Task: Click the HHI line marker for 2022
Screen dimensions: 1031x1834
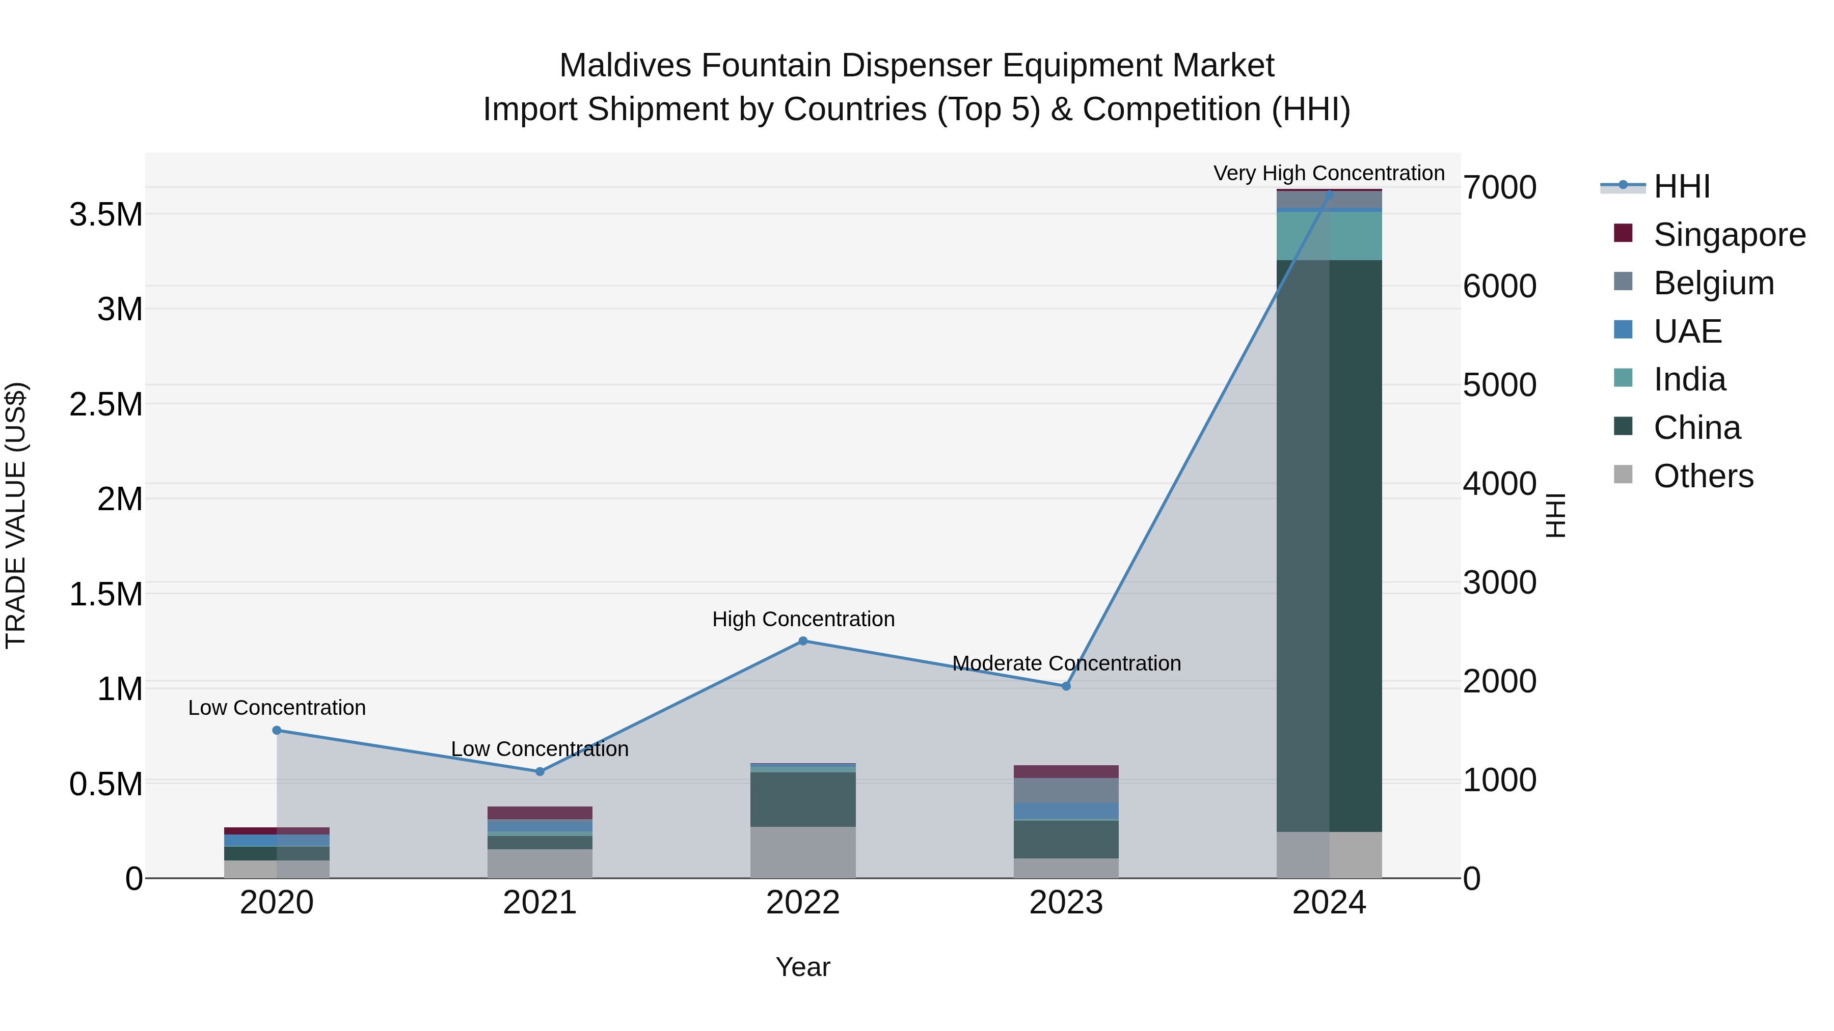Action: pyautogui.click(x=803, y=641)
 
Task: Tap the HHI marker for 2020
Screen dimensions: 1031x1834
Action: pyautogui.click(x=277, y=731)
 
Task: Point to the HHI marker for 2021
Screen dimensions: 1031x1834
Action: pyautogui.click(x=540, y=772)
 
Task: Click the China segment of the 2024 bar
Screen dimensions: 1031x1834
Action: pyautogui.click(x=1329, y=546)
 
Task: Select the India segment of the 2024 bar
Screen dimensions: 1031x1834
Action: pyautogui.click(x=1329, y=236)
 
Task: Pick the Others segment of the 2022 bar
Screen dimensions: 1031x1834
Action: pyautogui.click(x=803, y=852)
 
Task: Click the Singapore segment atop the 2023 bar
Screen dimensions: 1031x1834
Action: pyautogui.click(x=1066, y=772)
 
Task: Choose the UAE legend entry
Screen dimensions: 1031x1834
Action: pyautogui.click(x=1687, y=331)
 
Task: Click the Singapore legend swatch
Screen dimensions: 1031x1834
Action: pyautogui.click(x=1623, y=233)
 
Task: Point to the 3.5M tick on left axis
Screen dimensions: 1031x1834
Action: pyautogui.click(x=106, y=215)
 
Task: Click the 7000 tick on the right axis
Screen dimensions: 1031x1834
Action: pyautogui.click(x=1499, y=188)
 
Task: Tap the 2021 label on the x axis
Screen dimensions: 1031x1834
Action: pyautogui.click(x=540, y=903)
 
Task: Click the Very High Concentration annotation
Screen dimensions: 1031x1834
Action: pyautogui.click(x=1329, y=173)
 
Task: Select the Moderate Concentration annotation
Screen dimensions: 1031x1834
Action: pyautogui.click(x=1066, y=663)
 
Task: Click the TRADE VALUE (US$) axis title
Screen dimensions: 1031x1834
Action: pyautogui.click(x=16, y=515)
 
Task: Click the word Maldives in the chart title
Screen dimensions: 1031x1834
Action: pyautogui.click(x=625, y=66)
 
